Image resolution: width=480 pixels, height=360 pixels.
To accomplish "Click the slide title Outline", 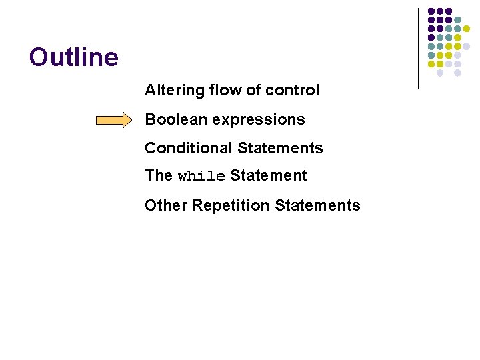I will click(x=74, y=57).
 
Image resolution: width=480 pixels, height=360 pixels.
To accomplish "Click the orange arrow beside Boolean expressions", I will click(x=114, y=120).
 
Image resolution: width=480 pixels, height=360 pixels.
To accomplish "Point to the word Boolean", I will click(x=173, y=119).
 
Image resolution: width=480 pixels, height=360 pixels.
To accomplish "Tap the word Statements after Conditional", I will click(x=280, y=148).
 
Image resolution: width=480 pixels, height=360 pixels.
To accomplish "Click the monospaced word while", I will click(x=201, y=177).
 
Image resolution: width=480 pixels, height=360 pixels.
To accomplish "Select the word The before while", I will click(x=159, y=176).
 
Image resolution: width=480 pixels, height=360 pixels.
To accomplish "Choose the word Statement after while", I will click(x=269, y=176).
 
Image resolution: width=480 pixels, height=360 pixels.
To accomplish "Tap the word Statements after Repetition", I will click(x=317, y=205).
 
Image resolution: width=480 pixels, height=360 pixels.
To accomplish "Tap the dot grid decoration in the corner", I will click(x=449, y=41).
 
